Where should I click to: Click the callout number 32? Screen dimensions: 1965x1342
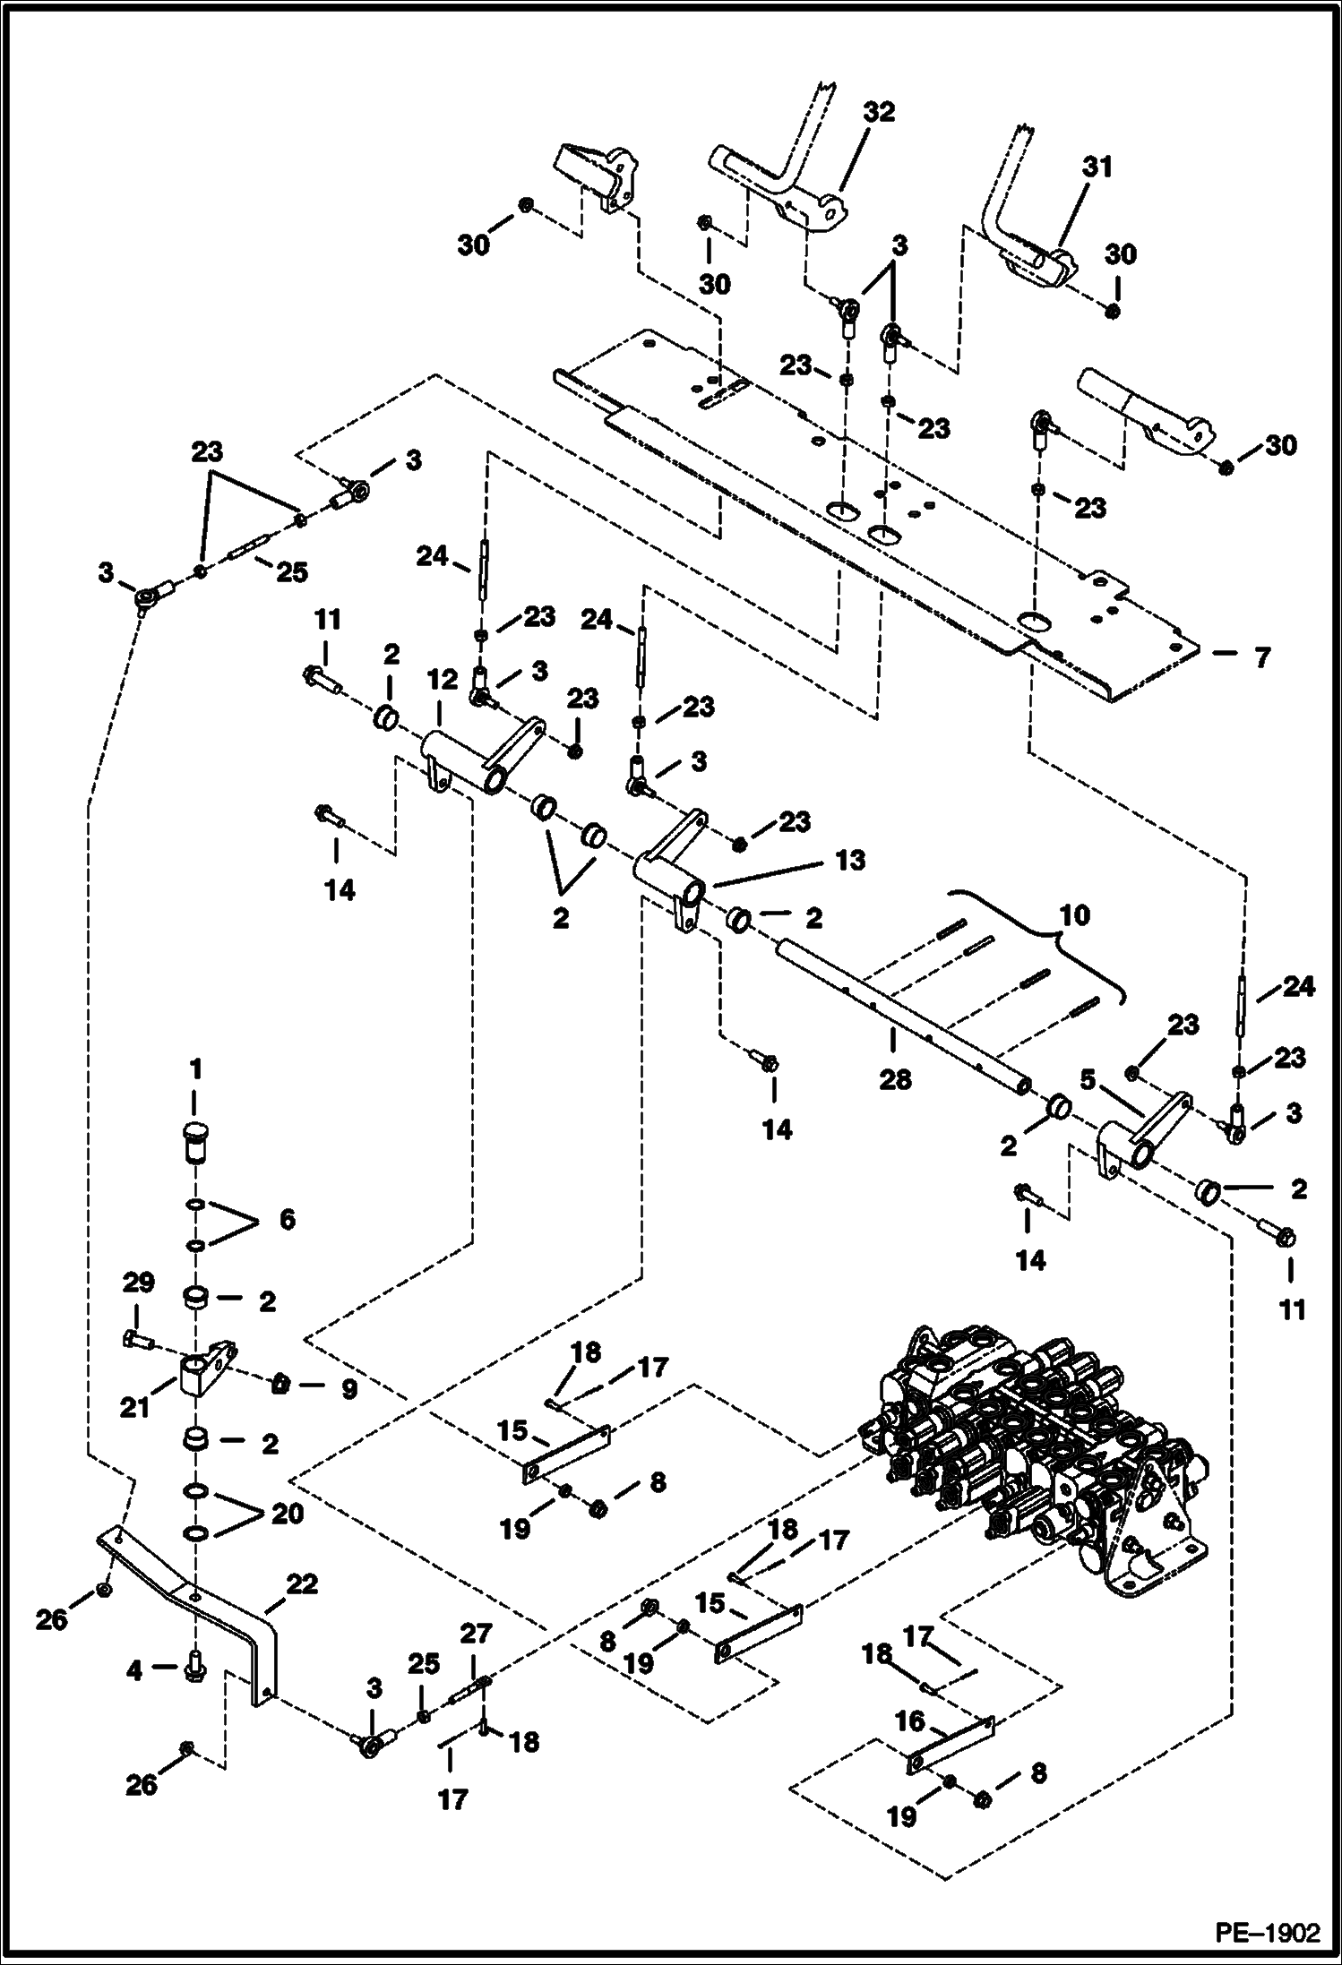tap(879, 113)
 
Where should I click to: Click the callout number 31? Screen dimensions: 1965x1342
tap(1097, 167)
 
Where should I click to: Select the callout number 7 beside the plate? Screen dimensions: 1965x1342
tap(1261, 658)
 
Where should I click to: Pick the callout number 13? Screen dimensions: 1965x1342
tap(850, 860)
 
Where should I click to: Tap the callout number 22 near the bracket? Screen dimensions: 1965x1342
tap(301, 1584)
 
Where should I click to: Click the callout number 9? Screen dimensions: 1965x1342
tap(347, 1389)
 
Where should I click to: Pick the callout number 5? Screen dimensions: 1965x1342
tap(1087, 1081)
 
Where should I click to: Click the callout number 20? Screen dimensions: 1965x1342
tap(288, 1514)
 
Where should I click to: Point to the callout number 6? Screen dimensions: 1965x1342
tap(287, 1219)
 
